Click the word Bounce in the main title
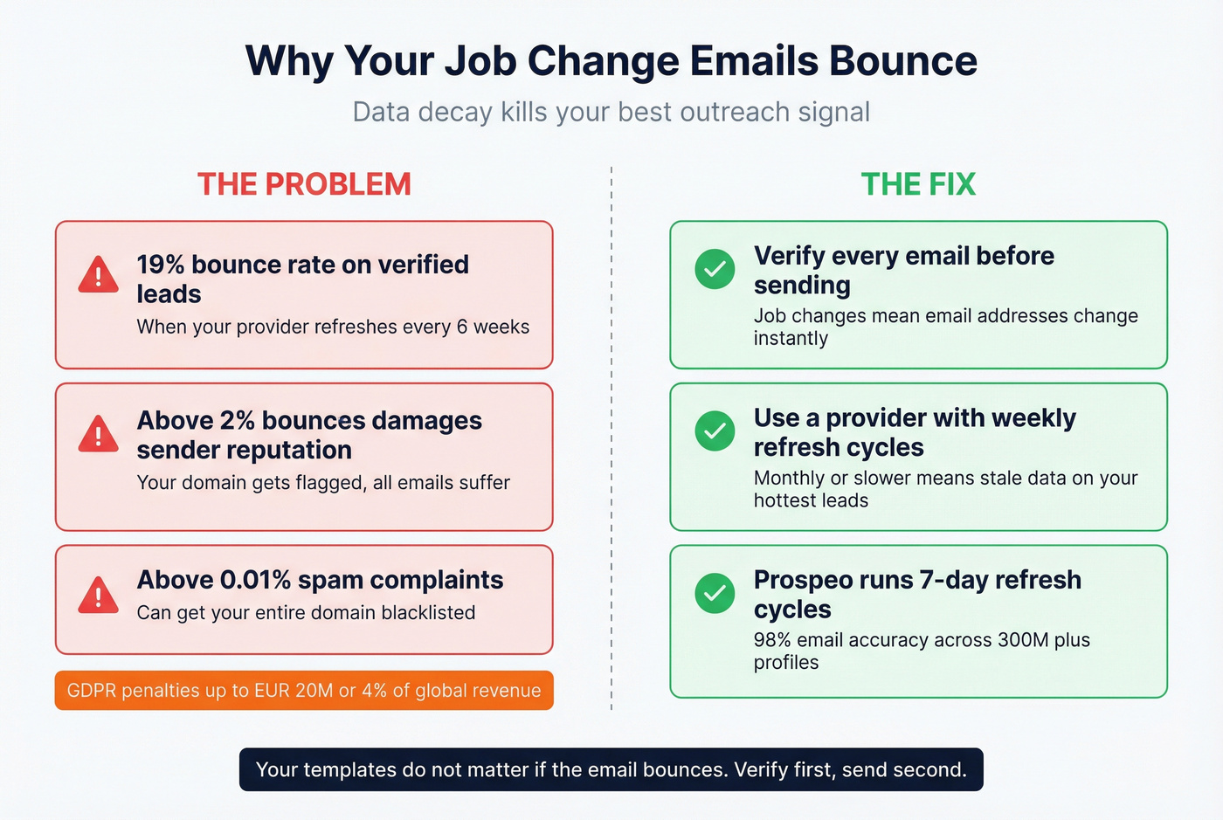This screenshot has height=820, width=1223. (902, 61)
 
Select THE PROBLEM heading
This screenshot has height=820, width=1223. (304, 184)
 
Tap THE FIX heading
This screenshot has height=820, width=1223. (918, 184)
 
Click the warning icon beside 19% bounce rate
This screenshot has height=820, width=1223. (98, 275)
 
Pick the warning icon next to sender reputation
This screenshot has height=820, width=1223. (98, 434)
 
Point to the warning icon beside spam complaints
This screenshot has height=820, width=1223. (98, 596)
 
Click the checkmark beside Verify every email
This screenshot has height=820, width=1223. (715, 269)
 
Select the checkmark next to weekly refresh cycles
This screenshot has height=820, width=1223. (715, 431)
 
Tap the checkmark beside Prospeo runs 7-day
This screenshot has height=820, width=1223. (715, 594)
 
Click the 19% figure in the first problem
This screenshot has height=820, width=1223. (160, 265)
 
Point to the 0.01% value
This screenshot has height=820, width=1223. (255, 580)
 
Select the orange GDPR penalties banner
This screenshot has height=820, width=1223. (304, 690)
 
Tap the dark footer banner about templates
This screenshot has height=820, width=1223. (611, 769)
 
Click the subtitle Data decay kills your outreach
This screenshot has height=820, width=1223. (611, 112)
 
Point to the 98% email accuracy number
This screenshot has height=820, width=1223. (772, 640)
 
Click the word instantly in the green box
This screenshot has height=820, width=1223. (791, 339)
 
